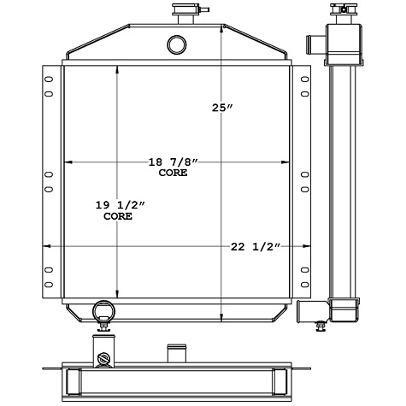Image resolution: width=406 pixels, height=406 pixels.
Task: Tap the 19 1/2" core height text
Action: (120, 206)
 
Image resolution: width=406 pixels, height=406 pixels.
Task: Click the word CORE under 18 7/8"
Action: (173, 173)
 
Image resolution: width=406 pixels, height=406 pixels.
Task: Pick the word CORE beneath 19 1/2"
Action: (118, 217)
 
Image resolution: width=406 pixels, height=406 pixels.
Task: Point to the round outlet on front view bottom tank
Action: (103, 309)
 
